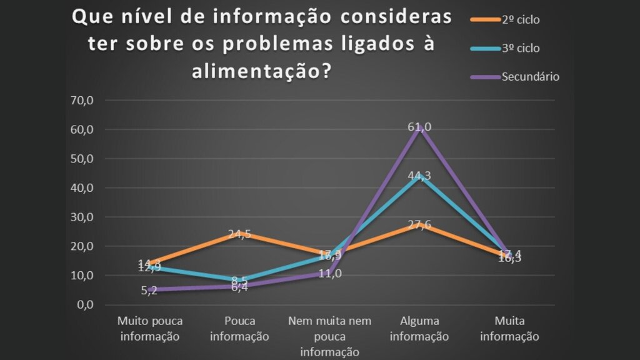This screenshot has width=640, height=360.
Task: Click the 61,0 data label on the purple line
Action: click(x=419, y=127)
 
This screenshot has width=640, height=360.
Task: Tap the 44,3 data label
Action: click(x=419, y=176)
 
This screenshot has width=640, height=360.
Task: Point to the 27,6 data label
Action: click(x=419, y=225)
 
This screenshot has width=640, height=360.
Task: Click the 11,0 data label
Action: click(x=330, y=273)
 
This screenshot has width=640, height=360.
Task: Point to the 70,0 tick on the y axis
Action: click(x=81, y=101)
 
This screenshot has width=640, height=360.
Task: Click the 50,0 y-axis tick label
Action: click(x=81, y=159)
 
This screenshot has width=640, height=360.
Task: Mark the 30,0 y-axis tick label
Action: click(x=81, y=217)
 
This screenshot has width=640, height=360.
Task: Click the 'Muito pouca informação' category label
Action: click(x=150, y=329)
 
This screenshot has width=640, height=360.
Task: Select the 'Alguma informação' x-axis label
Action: click(x=419, y=329)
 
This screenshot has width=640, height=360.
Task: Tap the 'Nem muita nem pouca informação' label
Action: click(x=329, y=336)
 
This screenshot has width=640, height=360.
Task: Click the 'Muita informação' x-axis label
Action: click(x=509, y=329)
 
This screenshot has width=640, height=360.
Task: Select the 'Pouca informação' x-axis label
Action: click(x=239, y=329)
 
